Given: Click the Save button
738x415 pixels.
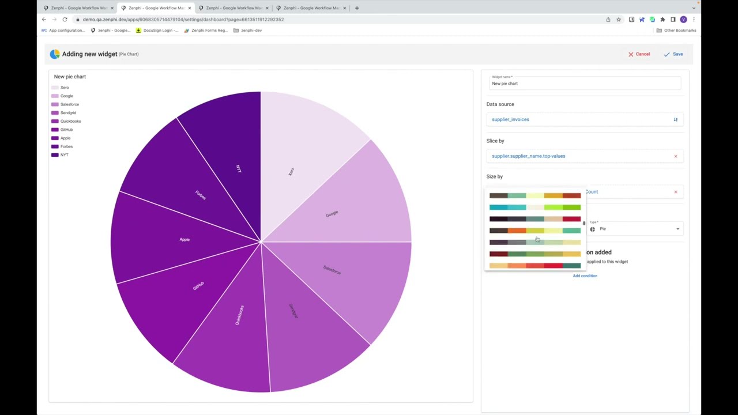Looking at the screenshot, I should [x=673, y=54].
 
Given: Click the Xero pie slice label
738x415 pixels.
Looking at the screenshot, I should [x=291, y=172].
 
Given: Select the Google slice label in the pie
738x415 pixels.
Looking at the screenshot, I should [x=332, y=214].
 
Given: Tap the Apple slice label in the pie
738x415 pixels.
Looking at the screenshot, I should [x=184, y=239].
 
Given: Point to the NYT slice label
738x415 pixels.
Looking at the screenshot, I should [x=239, y=169].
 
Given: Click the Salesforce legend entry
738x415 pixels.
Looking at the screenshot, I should [x=69, y=104].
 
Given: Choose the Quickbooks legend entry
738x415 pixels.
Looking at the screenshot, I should [x=70, y=121].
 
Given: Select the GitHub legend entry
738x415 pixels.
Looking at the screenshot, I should [x=66, y=130].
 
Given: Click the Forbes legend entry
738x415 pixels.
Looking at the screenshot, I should [x=66, y=146].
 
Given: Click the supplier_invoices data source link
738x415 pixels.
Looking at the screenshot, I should [x=510, y=119].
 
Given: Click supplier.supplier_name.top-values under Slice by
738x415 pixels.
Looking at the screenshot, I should [x=528, y=156].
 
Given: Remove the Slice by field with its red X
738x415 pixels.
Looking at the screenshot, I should [x=676, y=156].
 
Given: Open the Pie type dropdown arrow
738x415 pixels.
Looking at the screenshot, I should [x=677, y=229].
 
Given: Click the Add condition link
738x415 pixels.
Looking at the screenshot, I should [x=585, y=276].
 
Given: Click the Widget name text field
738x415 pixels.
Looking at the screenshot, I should [x=585, y=84].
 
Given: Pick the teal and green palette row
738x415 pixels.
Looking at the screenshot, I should [x=534, y=207].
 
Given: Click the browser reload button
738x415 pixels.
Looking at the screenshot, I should [x=65, y=20].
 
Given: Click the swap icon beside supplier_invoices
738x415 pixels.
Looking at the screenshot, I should [x=676, y=119].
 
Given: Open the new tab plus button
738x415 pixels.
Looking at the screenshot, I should [x=357, y=8].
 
